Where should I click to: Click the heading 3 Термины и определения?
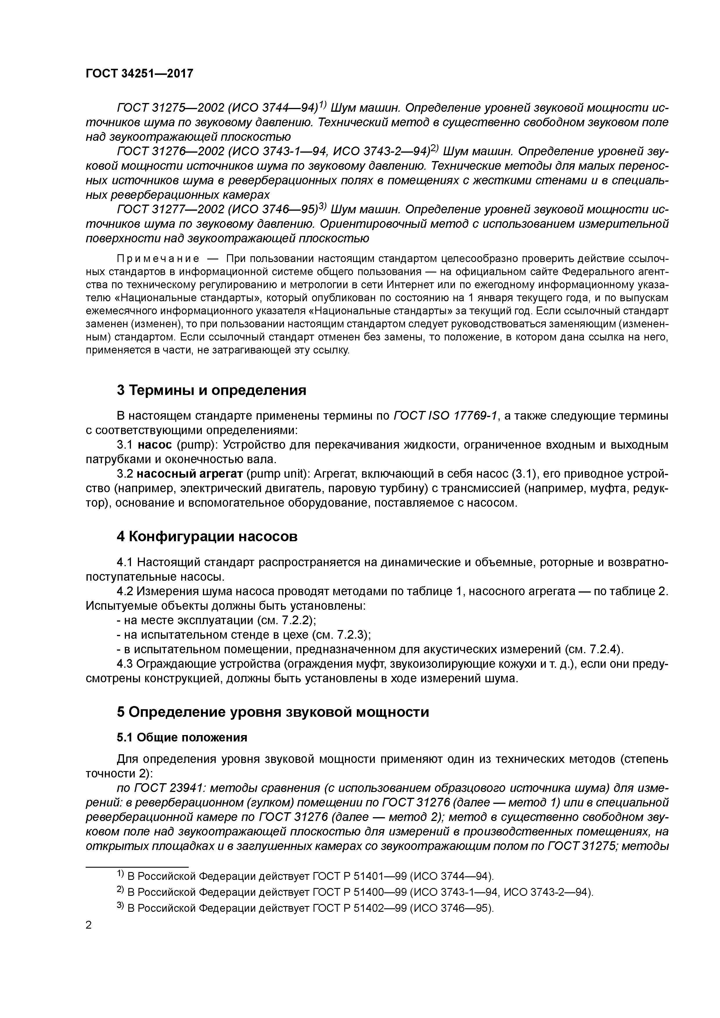point(211,390)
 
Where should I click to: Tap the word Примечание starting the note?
point(157,259)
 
